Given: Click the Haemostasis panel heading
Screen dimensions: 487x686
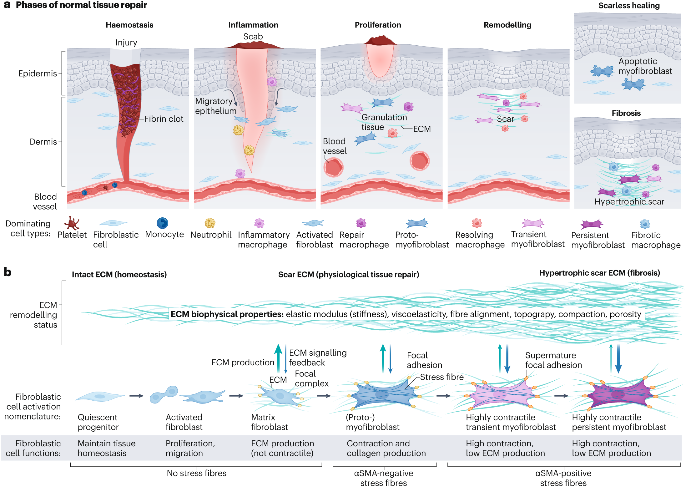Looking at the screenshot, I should (x=129, y=25).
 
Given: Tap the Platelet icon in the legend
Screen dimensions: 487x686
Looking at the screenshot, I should (x=72, y=223).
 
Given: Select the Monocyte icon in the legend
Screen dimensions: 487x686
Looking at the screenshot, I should (x=162, y=223).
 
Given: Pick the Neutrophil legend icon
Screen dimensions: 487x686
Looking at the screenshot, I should (x=210, y=223).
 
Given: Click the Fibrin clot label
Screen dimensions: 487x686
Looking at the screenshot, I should (x=164, y=119).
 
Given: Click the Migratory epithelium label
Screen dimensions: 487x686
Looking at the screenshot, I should (x=215, y=106).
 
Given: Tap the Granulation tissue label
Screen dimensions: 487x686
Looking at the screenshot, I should (x=384, y=122).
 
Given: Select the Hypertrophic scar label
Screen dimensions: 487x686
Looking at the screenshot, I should (x=629, y=202).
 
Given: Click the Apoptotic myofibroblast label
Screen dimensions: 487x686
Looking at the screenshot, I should (x=645, y=66).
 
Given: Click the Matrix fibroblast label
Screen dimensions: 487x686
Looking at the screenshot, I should (x=269, y=422).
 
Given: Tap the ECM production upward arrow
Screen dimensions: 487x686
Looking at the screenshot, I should (x=278, y=357).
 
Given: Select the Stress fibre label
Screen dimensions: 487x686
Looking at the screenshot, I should (x=441, y=377).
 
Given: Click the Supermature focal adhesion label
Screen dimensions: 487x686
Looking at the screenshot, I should (x=553, y=360).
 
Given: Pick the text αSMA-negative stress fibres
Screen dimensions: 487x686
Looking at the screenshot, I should (x=383, y=478).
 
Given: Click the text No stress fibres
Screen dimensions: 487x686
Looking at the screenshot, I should (x=196, y=473).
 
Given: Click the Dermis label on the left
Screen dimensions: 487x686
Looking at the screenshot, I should (x=43, y=142).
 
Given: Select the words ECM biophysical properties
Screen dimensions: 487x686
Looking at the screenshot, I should (x=227, y=314).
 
